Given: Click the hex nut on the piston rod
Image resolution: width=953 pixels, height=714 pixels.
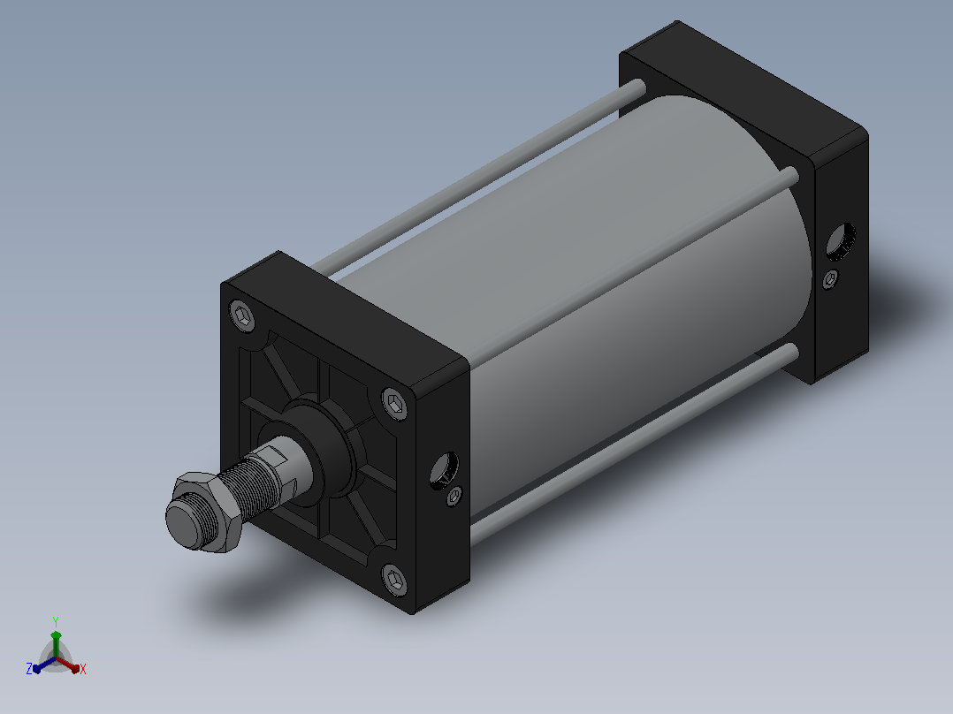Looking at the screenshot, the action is coord(209,512).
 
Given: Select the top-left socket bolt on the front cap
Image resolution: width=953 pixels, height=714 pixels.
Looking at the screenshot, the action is coord(242,316).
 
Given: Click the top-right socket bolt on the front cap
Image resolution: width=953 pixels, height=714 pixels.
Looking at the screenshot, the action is coord(396,403).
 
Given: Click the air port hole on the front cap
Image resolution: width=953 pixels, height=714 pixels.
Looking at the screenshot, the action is coord(445,469).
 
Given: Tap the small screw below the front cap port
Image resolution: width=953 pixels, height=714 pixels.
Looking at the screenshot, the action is coord(454,497).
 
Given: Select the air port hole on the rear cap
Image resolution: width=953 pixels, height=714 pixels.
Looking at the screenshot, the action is coord(842,241).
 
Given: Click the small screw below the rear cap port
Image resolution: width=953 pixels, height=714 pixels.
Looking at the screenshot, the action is coord(831,279).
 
